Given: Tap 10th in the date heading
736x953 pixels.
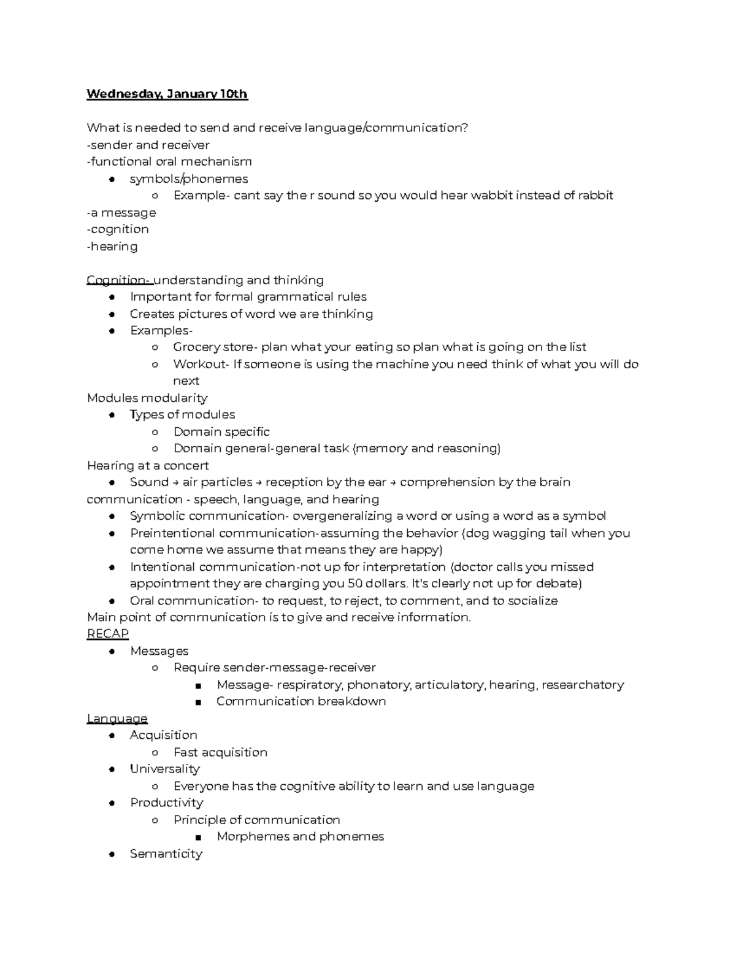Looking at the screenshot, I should coord(234,94).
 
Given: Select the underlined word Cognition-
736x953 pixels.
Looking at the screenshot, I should coord(119,280).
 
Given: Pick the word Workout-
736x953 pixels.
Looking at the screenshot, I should coord(201,364).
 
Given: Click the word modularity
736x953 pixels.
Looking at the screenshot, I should coord(178,398).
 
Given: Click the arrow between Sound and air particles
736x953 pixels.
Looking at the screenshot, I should coord(176,482).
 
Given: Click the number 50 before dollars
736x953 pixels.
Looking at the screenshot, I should coord(355,583).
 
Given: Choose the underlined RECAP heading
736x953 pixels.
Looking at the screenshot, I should coord(108,633).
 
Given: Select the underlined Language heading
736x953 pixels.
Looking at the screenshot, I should coord(117,718).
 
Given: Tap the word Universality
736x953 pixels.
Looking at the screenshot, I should coord(164,768).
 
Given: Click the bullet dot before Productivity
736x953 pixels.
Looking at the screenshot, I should coord(112,803).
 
